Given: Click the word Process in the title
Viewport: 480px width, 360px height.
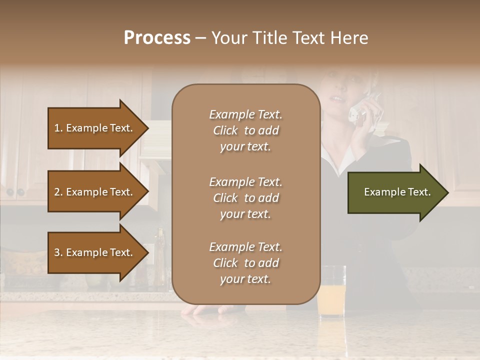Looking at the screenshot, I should click(x=157, y=38).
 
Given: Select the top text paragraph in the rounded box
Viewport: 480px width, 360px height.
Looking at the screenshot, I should click(x=245, y=130).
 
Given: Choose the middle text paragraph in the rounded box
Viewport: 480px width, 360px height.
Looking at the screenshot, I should click(x=245, y=198).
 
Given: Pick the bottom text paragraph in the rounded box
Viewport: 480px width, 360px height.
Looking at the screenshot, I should click(x=245, y=263).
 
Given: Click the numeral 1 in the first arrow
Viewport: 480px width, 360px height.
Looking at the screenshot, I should click(x=56, y=128).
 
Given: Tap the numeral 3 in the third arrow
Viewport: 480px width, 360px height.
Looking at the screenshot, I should click(x=57, y=252).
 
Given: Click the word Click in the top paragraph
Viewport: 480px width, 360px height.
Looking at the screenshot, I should click(x=225, y=130).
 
